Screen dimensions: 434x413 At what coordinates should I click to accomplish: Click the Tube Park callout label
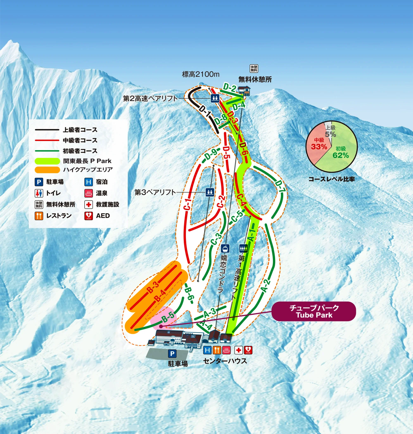(314, 311)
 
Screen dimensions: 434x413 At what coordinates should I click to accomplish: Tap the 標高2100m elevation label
(201, 74)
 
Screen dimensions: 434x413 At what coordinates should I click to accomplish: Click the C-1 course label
(188, 204)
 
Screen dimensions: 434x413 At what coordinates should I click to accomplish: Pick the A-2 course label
(266, 286)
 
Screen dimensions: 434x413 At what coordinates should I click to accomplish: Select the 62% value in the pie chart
(341, 155)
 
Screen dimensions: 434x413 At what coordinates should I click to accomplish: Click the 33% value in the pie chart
(319, 147)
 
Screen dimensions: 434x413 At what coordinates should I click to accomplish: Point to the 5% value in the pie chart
(330, 134)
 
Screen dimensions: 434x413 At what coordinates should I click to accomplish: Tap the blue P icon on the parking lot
(172, 354)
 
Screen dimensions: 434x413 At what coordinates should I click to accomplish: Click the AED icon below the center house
(248, 350)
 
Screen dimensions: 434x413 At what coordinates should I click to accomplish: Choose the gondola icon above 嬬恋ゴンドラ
(225, 248)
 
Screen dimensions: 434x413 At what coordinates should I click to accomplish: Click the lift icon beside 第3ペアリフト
(210, 192)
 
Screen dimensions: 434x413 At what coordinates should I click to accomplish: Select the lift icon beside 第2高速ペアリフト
(215, 98)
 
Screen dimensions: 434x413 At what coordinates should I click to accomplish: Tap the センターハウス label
(225, 361)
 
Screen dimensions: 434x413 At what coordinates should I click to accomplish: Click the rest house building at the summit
(244, 91)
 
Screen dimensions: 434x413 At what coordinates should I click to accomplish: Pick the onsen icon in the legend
(89, 193)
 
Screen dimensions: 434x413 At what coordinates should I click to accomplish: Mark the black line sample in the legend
(47, 130)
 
